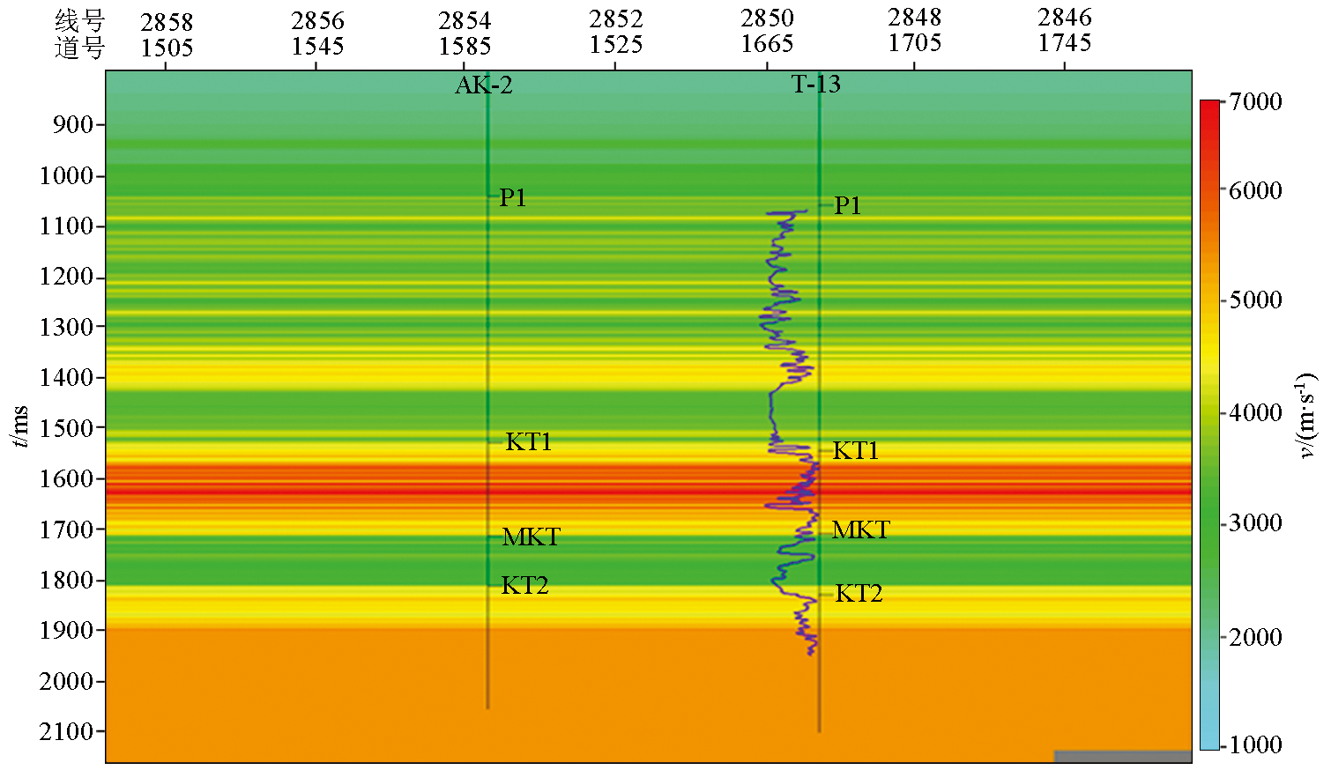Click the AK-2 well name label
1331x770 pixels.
pyautogui.click(x=483, y=85)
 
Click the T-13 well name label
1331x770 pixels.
pyautogui.click(x=815, y=85)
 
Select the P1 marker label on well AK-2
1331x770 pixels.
pyautogui.click(x=513, y=198)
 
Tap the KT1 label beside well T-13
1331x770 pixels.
pyautogui.click(x=856, y=451)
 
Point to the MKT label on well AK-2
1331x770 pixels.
pyautogui.click(x=531, y=537)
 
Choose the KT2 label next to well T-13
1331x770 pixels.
pyautogui.click(x=859, y=594)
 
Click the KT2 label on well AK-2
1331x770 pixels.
pyautogui.click(x=524, y=586)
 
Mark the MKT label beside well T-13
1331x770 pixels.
pyautogui.click(x=860, y=530)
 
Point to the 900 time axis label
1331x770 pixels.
pyautogui.click(x=73, y=125)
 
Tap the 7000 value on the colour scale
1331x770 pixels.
pyautogui.click(x=1256, y=102)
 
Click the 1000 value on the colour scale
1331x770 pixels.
pyautogui.click(x=1256, y=745)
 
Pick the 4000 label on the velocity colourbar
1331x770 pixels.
pyautogui.click(x=1256, y=413)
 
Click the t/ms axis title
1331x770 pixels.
pyautogui.click(x=20, y=426)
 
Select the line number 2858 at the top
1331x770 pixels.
pyautogui.click(x=167, y=21)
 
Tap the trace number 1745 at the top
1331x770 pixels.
pyautogui.click(x=1065, y=43)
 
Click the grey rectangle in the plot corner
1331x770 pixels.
pyautogui.click(x=1122, y=756)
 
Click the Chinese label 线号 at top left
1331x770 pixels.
pyautogui.click(x=79, y=21)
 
